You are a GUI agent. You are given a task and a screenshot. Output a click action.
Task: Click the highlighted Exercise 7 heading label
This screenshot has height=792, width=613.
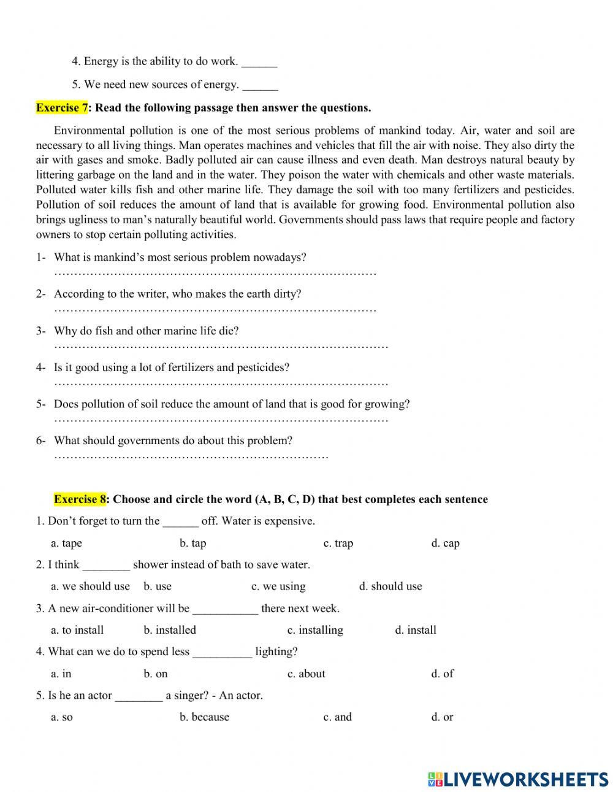pos(62,108)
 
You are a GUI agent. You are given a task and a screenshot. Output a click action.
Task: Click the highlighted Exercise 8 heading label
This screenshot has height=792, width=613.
pos(80,499)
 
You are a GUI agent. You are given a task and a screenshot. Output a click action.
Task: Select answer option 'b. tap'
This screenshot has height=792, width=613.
pos(192,543)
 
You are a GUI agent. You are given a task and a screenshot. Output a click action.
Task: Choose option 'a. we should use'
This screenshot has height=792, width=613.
pos(90,586)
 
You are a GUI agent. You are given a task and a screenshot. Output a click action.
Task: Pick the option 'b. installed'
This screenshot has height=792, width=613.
pos(170,630)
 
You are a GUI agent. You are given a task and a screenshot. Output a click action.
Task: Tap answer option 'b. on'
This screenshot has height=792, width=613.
pos(156,674)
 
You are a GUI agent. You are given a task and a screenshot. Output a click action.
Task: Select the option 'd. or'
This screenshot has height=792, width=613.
pos(442,717)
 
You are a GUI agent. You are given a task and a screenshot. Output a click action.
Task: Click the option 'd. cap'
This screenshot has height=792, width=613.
pos(445,543)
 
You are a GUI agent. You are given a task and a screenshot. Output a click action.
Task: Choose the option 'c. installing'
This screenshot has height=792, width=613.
pos(315,630)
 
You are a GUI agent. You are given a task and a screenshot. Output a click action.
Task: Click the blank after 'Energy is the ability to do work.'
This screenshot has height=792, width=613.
pos(259,62)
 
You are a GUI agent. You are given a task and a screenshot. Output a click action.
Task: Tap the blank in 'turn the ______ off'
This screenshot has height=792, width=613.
pos(180,521)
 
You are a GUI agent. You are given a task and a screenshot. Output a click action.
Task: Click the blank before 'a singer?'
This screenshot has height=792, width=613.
pos(139,696)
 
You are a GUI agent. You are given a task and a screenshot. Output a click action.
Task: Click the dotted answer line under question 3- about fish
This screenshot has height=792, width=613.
pos(221,347)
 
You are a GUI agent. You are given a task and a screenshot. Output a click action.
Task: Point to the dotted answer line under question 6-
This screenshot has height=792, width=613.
pos(191,457)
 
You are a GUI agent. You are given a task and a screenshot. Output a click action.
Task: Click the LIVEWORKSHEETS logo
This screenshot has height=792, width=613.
pos(518,779)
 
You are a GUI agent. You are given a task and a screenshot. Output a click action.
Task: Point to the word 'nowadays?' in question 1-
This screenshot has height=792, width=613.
pos(281,258)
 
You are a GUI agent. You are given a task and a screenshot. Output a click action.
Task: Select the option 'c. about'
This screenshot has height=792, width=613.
pos(306,674)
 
